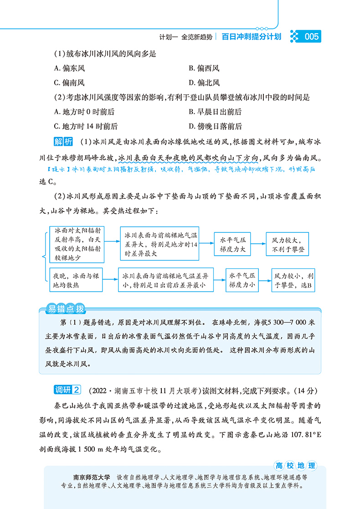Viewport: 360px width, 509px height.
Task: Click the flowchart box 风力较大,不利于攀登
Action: (x=287, y=243)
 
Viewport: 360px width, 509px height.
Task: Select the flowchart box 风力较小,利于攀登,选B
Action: (x=293, y=280)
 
